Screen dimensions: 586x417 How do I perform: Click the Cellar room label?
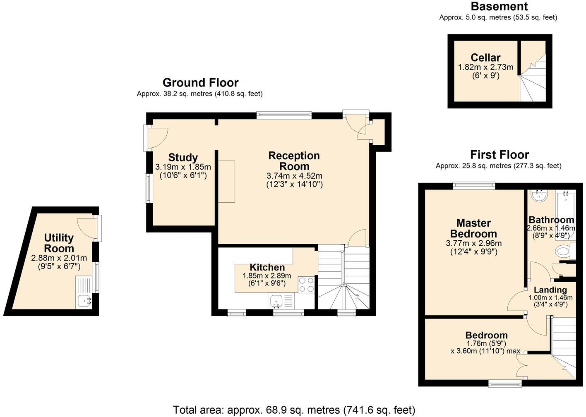coord(485,58)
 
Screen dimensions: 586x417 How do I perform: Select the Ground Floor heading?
coord(200,83)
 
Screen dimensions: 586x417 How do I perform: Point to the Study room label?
coord(183,157)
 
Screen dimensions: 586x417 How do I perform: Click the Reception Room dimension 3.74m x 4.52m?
coord(294,176)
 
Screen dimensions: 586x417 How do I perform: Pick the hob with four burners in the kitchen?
coord(306,285)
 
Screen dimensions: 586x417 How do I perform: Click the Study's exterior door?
coord(156,138)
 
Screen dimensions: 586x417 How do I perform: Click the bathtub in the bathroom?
coord(566,215)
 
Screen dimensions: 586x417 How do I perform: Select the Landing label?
coord(550,290)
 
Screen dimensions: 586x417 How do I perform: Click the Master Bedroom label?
coord(473,228)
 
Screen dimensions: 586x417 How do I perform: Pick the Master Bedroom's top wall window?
coord(474,186)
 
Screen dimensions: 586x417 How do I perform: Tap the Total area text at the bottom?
coord(294,410)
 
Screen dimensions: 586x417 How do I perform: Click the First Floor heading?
coord(500,155)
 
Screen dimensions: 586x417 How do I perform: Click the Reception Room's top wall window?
coord(284,115)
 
